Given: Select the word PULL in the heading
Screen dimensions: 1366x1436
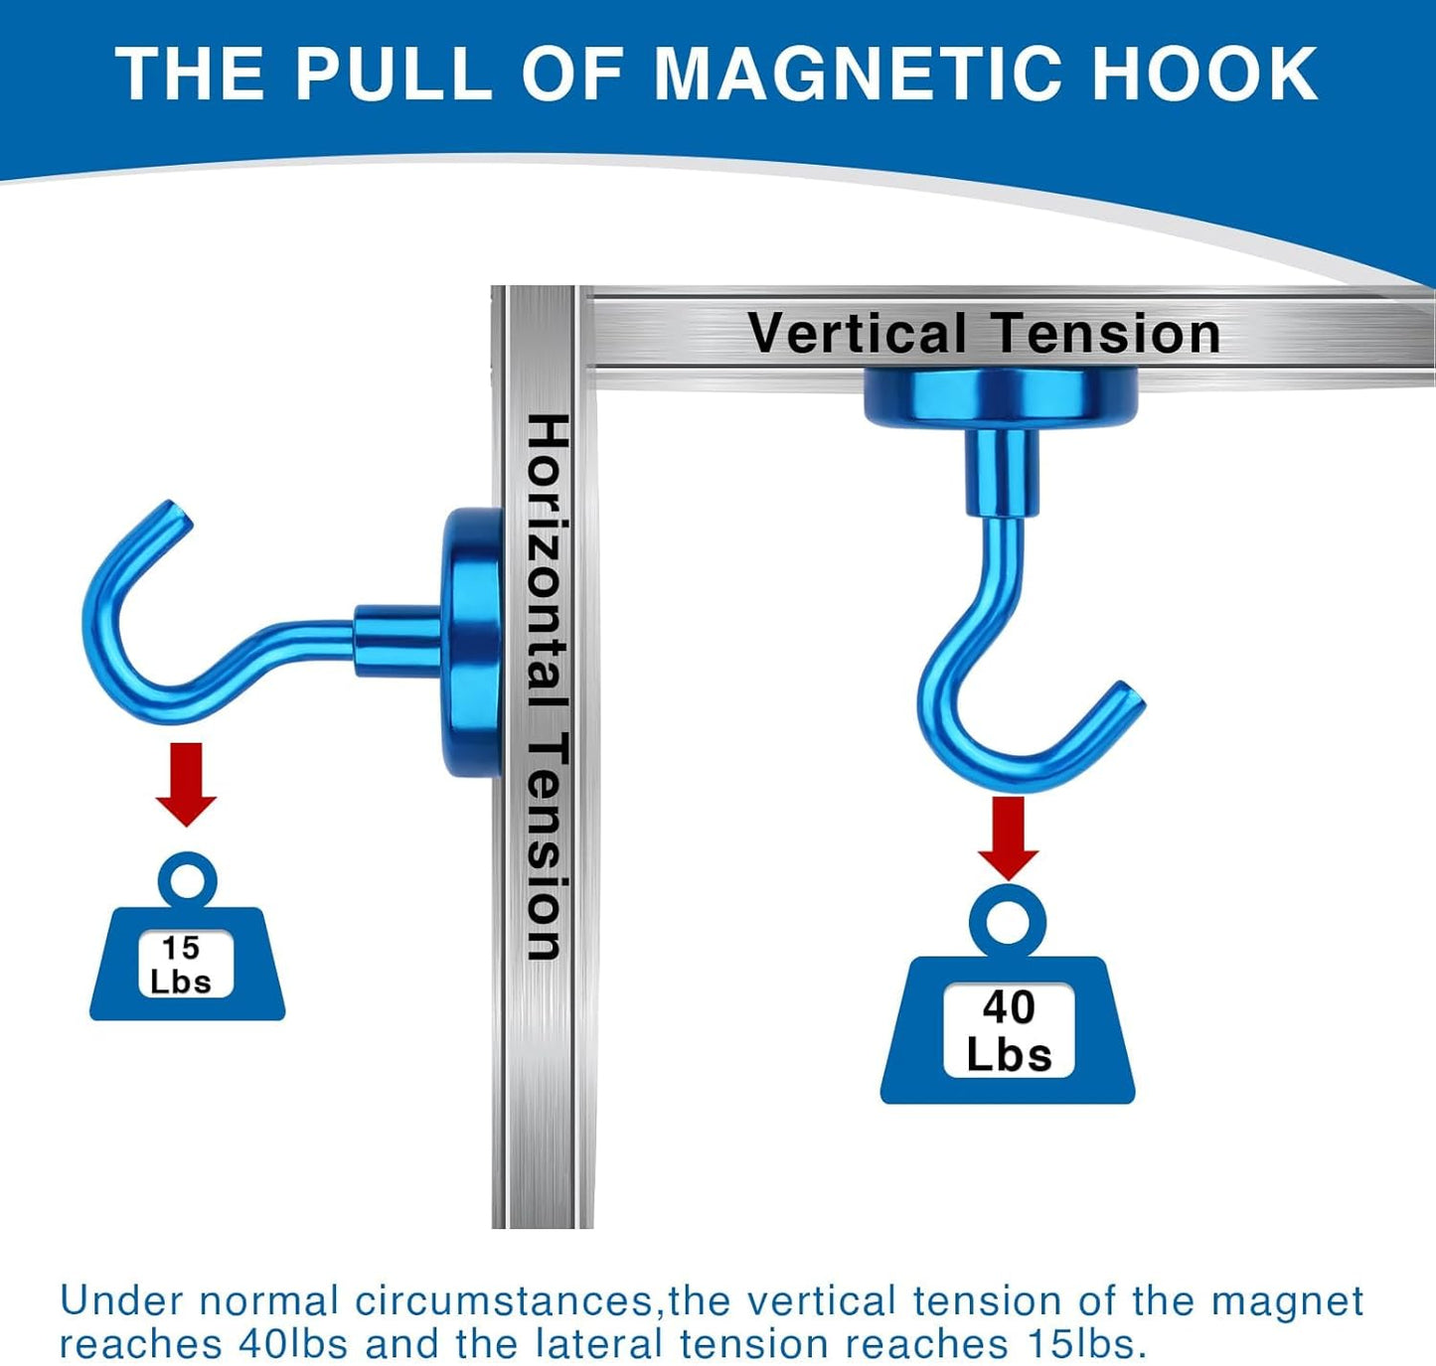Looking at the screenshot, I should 393,75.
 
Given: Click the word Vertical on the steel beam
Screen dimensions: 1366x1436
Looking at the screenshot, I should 857,334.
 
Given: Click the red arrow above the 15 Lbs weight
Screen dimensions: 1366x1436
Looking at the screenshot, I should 186,783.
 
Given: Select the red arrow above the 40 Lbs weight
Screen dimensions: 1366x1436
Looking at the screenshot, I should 1008,836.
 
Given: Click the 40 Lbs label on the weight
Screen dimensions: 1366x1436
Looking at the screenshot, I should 1009,1030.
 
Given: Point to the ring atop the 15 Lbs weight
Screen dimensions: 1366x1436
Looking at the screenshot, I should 187,879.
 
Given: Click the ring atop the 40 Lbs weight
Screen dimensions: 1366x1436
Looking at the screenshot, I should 1008,919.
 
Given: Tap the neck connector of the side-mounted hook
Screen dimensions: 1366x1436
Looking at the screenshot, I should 396,638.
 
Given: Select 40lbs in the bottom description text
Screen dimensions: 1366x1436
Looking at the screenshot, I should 293,1344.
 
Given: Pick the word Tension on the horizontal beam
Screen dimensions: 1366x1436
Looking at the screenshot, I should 1105,334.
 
